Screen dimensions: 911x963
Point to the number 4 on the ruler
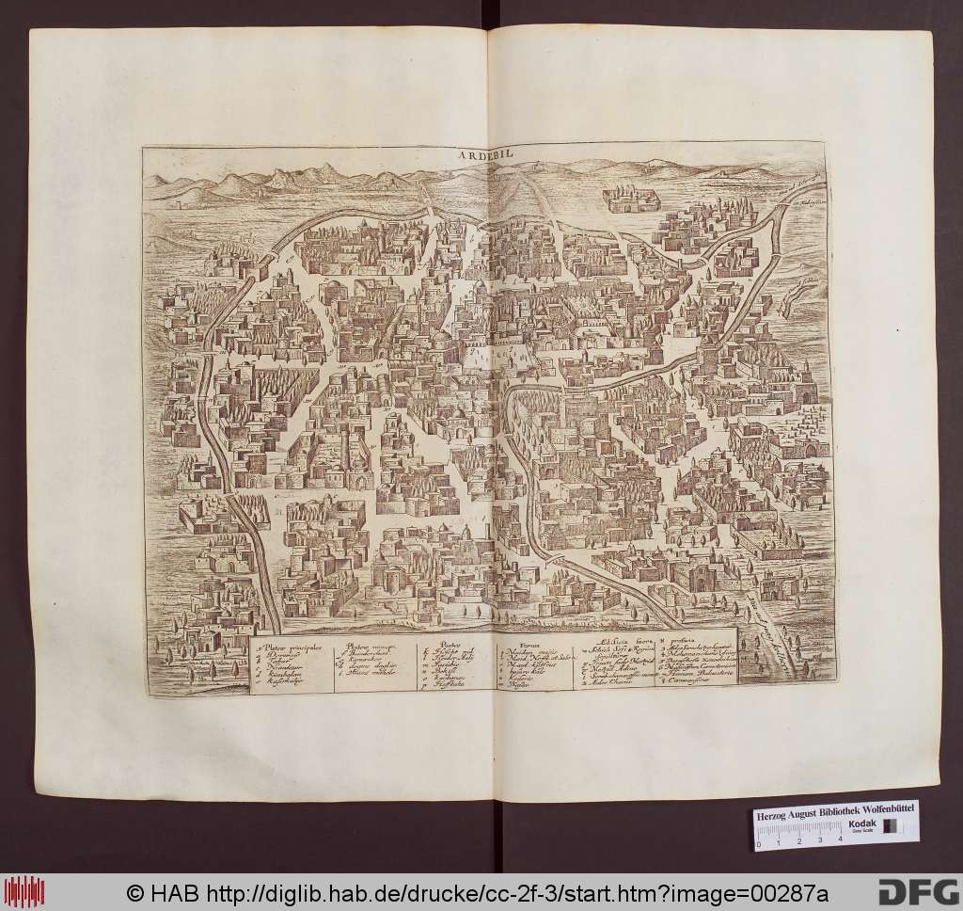pyautogui.click(x=839, y=843)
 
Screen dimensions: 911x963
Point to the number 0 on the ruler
pyautogui.click(x=759, y=843)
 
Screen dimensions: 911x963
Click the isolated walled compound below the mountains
pyautogui.click(x=629, y=200)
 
